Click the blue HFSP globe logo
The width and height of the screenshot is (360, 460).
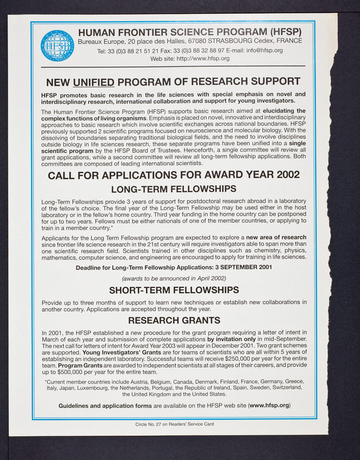pos(58,45)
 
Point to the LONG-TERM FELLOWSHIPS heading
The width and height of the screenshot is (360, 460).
pos(173,189)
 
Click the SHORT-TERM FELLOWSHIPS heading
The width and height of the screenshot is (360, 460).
pos(173,290)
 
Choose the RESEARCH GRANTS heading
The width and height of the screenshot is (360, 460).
pos(173,320)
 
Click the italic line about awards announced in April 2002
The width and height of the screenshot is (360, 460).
pos(173,278)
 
